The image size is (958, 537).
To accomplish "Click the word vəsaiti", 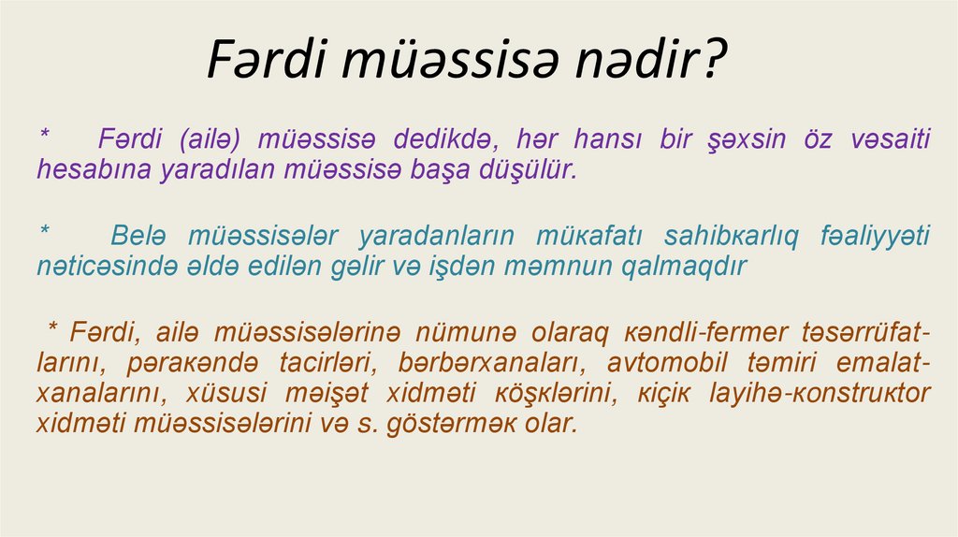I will [x=890, y=139].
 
